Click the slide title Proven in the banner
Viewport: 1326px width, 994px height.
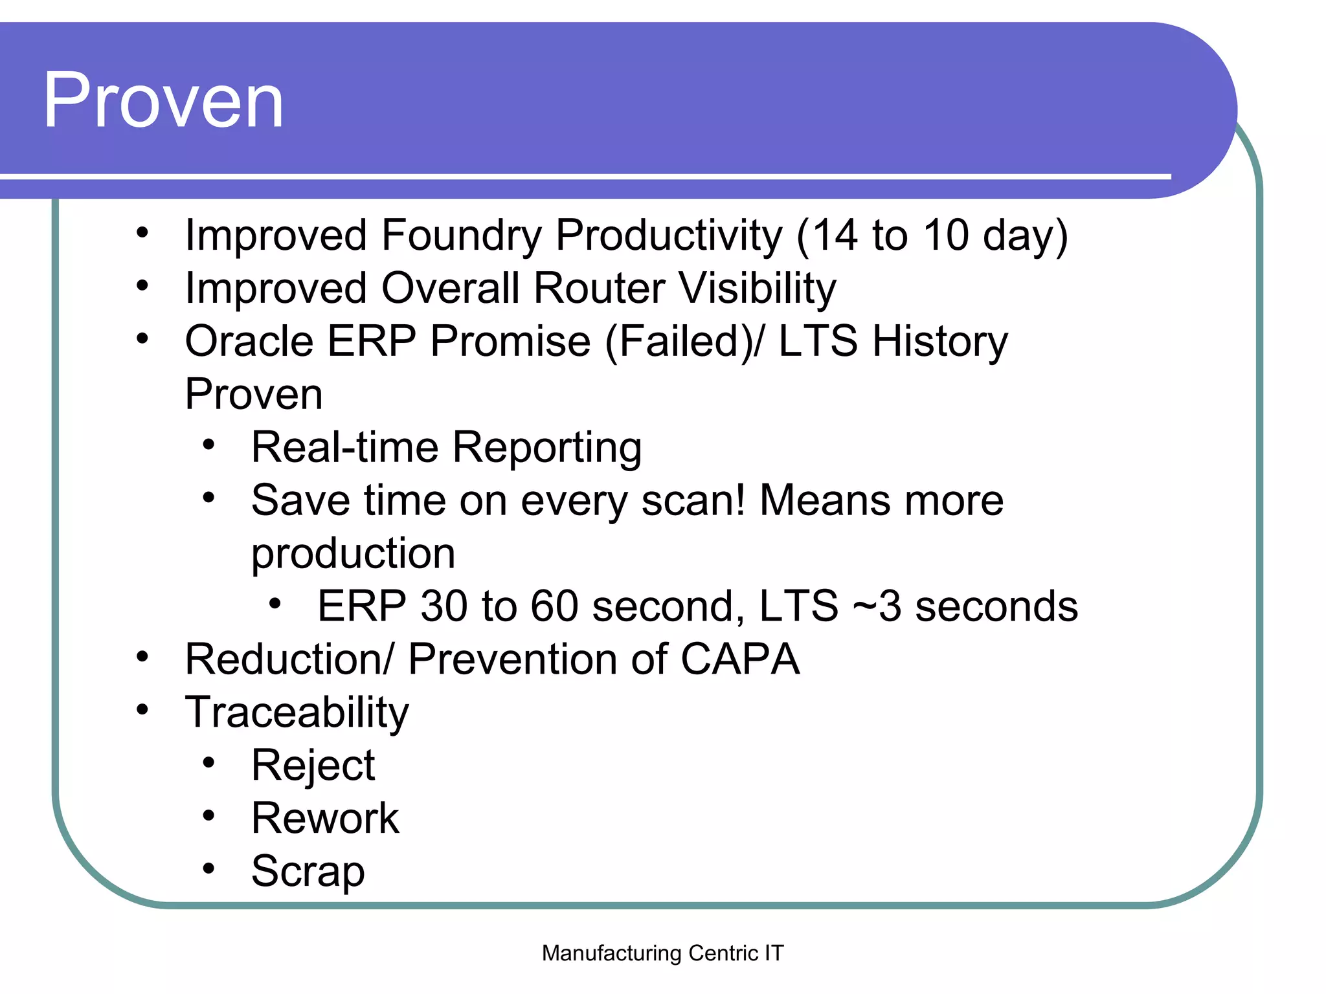(163, 100)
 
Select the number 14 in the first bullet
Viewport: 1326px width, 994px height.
(835, 234)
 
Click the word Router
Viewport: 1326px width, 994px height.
(599, 288)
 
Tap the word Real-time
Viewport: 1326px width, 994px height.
(344, 447)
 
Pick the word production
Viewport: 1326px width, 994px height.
(353, 554)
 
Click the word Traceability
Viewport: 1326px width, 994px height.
(297, 712)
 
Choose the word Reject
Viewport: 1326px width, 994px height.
(313, 766)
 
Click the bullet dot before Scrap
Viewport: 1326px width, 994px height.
(208, 868)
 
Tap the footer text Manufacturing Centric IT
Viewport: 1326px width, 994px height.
(662, 953)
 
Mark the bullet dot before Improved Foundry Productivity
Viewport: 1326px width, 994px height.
(142, 232)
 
